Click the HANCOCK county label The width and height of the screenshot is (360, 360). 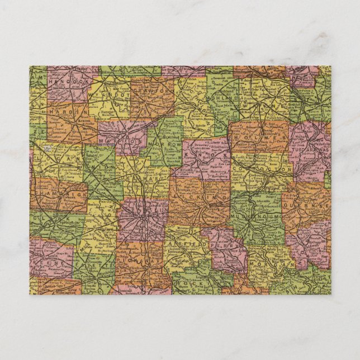[x=65, y=82]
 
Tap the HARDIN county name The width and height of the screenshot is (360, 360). [x=65, y=112]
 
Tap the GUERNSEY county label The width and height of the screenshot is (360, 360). [x=307, y=206]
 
